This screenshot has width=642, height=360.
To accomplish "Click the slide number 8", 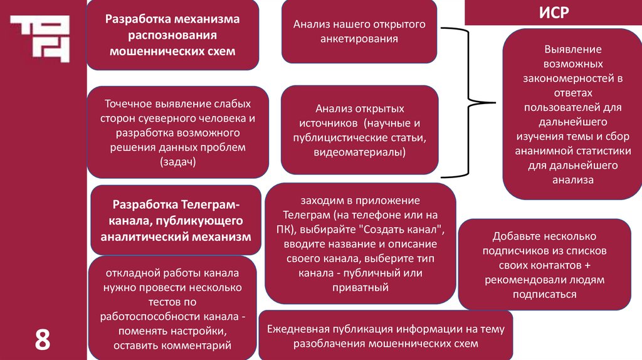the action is [42, 339].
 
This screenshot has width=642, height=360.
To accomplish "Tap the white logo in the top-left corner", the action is [39, 38].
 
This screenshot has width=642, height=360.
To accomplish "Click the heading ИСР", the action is [554, 13].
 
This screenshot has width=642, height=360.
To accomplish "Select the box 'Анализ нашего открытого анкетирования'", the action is [359, 31].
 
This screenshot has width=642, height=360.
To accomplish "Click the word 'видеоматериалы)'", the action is [359, 152].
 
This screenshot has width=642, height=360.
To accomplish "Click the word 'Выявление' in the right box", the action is [572, 49].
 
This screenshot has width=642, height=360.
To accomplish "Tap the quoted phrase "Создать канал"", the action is [409, 229].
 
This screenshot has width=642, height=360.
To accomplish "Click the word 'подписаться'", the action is [544, 294].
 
